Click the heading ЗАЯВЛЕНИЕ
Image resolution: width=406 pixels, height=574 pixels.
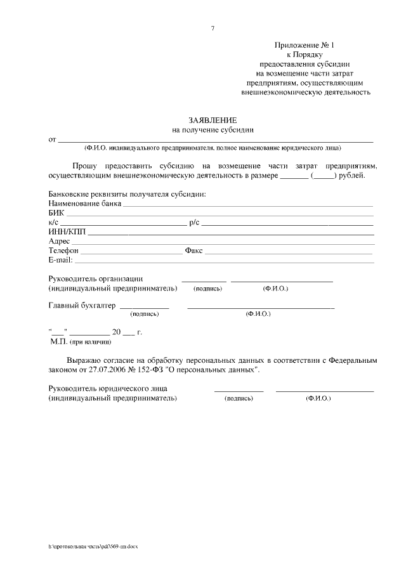pos(213,120)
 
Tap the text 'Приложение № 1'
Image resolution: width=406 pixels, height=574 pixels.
pos(304,46)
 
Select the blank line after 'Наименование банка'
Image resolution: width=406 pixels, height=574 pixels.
pos(247,206)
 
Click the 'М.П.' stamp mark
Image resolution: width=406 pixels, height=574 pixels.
pos(58,341)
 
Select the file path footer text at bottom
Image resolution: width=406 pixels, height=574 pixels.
pos(93,547)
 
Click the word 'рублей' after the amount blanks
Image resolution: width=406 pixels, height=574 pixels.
pos(353,175)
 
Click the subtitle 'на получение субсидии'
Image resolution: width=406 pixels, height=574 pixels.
pos(213,129)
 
